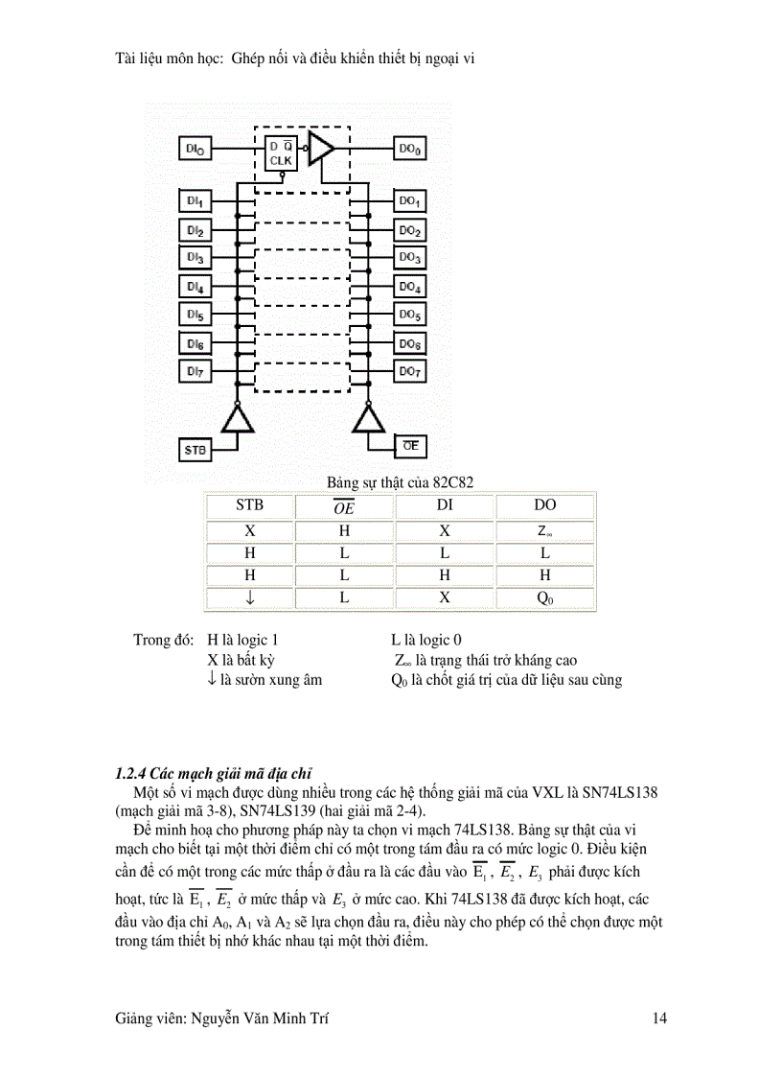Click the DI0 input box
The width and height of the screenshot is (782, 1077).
point(195,150)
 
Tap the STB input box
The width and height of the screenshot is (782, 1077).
point(195,448)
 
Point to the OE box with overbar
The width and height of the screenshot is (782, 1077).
point(410,446)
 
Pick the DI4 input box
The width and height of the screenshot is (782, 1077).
point(195,287)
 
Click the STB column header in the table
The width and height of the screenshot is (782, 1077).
point(249,505)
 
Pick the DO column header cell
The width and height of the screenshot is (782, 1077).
point(544,505)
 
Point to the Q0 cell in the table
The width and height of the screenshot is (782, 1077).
point(544,598)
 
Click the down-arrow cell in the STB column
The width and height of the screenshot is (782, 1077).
point(249,598)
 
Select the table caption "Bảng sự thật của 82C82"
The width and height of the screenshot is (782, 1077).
point(401,481)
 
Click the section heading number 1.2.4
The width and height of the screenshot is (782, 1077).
point(131,773)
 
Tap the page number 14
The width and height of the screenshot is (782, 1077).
point(658,1018)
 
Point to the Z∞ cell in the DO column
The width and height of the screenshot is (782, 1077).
point(544,530)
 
